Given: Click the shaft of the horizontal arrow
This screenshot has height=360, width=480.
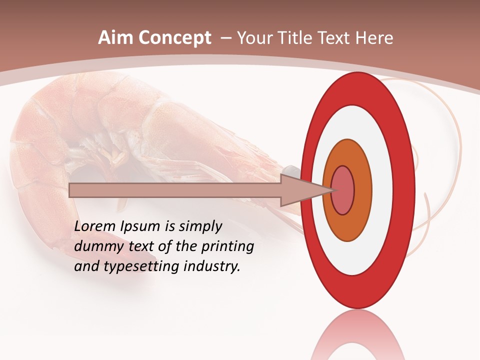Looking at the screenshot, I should pos(175,190).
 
